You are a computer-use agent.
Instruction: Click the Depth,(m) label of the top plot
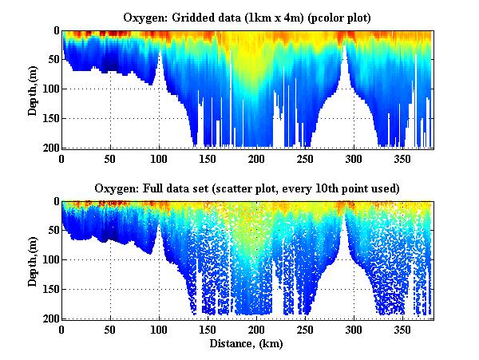point(33,89)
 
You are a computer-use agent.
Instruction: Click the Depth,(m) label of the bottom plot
point(33,260)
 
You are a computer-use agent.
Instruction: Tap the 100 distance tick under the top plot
point(159,158)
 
